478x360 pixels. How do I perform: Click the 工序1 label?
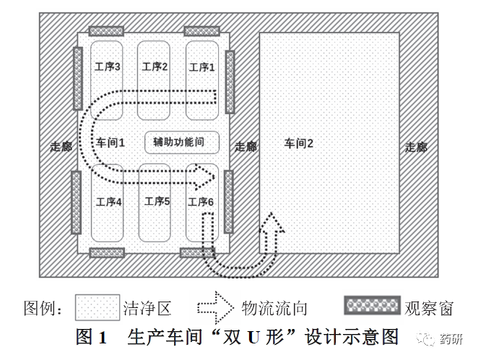coord(201,67)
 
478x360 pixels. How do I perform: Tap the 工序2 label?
coord(155,66)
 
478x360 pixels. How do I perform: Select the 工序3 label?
coord(108,66)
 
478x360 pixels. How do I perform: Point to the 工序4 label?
coord(109,202)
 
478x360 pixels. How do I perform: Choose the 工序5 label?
coord(157,201)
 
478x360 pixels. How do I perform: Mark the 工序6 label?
coord(201,202)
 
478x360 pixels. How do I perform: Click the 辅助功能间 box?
coord(182,142)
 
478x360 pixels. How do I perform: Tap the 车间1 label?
coord(110,143)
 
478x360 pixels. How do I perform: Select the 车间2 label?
coord(299,143)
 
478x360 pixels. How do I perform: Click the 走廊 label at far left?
coord(61,146)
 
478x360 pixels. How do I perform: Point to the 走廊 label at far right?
coord(416,147)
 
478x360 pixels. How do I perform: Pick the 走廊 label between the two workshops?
coord(245,146)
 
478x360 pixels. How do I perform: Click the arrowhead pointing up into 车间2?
coord(271,221)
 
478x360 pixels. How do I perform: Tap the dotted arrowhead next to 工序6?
coord(205,177)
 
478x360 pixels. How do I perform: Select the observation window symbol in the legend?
coord(372,305)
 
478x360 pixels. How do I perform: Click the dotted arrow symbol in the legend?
coord(215,307)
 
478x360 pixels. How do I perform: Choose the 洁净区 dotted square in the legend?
coord(97,307)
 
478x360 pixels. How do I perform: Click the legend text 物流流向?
coord(274,308)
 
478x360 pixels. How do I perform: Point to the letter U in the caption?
coord(253,338)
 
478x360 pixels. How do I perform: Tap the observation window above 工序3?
coord(106,31)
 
